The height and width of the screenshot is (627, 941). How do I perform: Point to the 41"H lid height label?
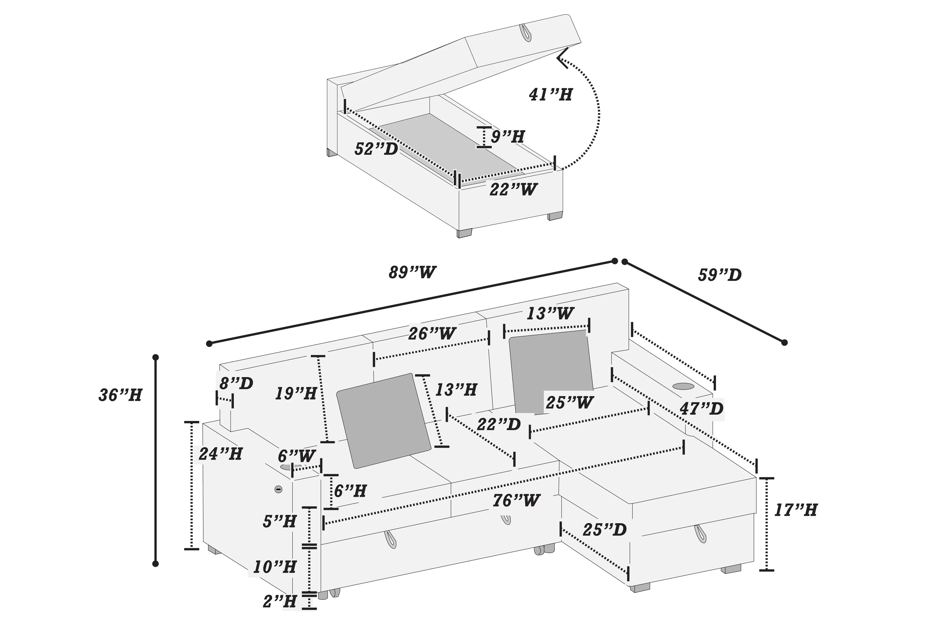click(x=550, y=95)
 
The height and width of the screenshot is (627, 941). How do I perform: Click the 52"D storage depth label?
click(x=376, y=149)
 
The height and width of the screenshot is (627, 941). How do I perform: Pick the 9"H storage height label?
click(x=507, y=137)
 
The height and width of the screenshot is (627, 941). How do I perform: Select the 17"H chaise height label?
click(x=795, y=510)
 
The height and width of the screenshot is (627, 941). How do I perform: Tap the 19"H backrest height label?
click(x=296, y=394)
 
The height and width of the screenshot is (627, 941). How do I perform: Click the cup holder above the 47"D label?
click(x=683, y=386)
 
